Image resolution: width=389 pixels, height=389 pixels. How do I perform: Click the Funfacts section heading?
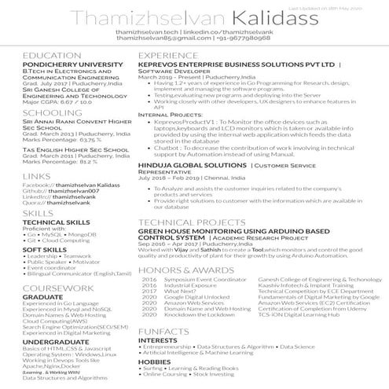coord(163,332)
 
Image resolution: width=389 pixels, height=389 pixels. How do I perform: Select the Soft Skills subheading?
coord(45,249)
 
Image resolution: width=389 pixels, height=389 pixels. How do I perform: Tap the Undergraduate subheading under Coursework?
coord(56,343)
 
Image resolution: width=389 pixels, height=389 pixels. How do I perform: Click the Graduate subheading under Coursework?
coord(42,297)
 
